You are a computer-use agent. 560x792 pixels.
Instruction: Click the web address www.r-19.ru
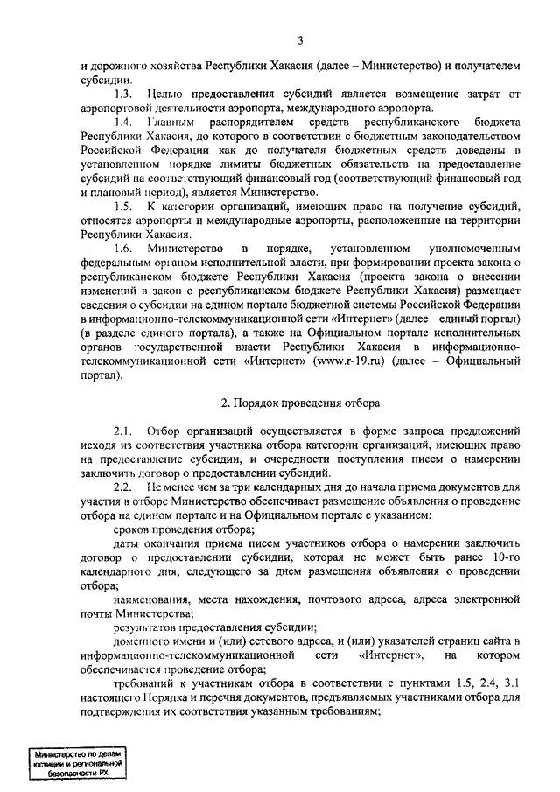click(350, 387)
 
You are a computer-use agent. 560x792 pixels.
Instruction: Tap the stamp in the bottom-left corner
click(75, 762)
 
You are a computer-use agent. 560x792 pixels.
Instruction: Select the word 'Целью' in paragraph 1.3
click(164, 94)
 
